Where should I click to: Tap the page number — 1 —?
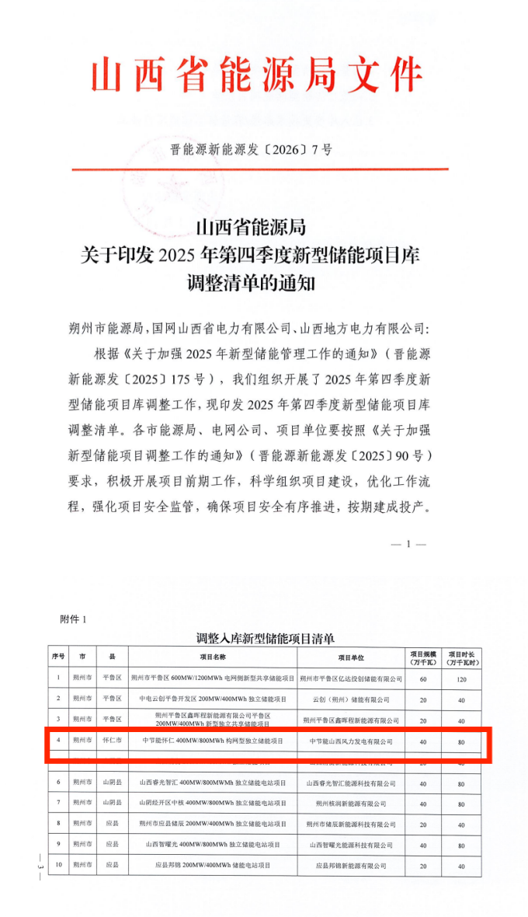coord(409,544)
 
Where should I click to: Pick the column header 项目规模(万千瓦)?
coord(423,657)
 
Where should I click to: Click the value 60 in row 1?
coord(423,678)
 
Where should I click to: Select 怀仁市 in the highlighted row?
coord(112,741)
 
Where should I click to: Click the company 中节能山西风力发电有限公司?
coord(351,741)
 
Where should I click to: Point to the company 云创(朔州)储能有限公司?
coord(351,699)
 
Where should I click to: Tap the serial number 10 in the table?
coord(58,864)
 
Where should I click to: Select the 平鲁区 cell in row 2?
coord(112,699)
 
